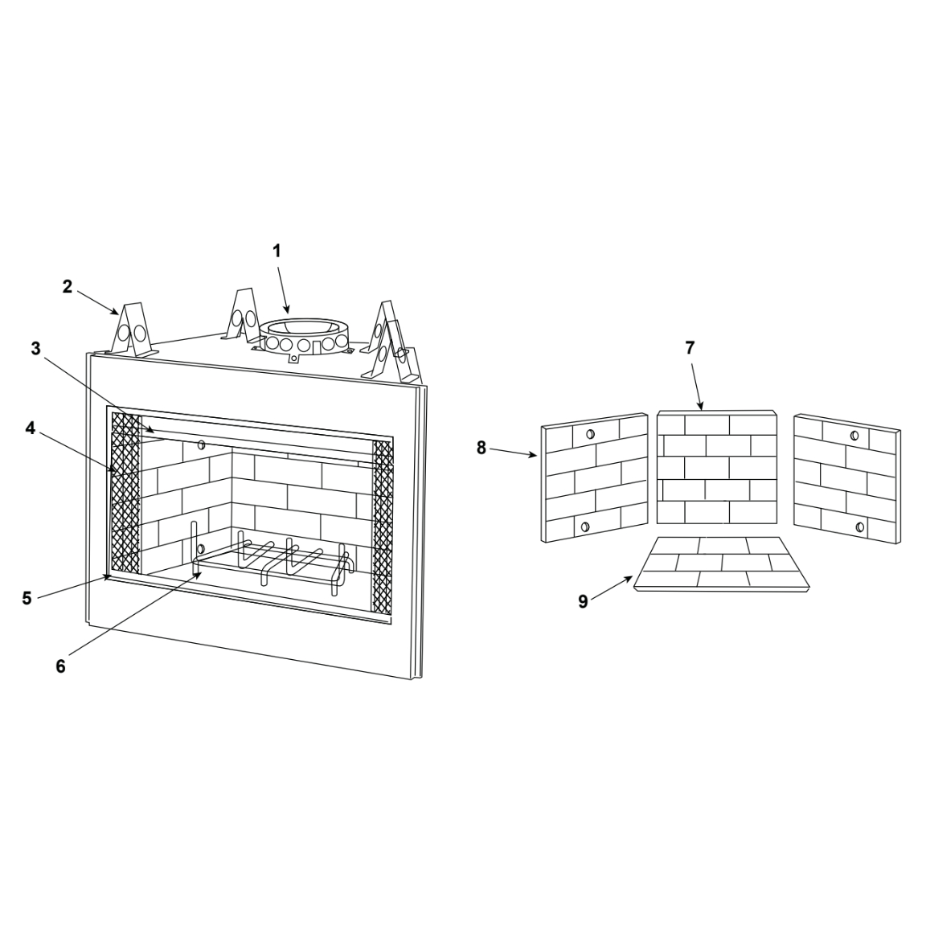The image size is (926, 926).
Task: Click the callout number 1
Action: pyautogui.click(x=277, y=251)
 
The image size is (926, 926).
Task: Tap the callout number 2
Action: pyautogui.click(x=68, y=287)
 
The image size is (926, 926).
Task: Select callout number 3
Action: pyautogui.click(x=36, y=348)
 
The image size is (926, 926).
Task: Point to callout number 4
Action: pyautogui.click(x=30, y=428)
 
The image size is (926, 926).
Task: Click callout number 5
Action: pyautogui.click(x=27, y=598)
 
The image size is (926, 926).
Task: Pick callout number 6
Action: pyautogui.click(x=61, y=666)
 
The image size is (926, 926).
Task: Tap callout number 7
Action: pyautogui.click(x=690, y=348)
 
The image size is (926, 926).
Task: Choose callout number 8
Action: pyautogui.click(x=481, y=449)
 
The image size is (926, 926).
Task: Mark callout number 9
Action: pyautogui.click(x=583, y=602)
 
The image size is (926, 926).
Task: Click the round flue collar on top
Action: pyautogui.click(x=303, y=337)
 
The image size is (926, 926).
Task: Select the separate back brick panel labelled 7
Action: pyautogui.click(x=717, y=467)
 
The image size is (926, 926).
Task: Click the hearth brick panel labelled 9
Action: pyautogui.click(x=722, y=564)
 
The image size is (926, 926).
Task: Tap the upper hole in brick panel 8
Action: pyautogui.click(x=589, y=435)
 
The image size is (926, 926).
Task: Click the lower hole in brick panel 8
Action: pyautogui.click(x=584, y=527)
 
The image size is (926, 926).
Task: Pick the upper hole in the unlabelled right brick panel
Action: pyautogui.click(x=854, y=436)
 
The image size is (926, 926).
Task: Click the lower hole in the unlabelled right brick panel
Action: pyautogui.click(x=860, y=527)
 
